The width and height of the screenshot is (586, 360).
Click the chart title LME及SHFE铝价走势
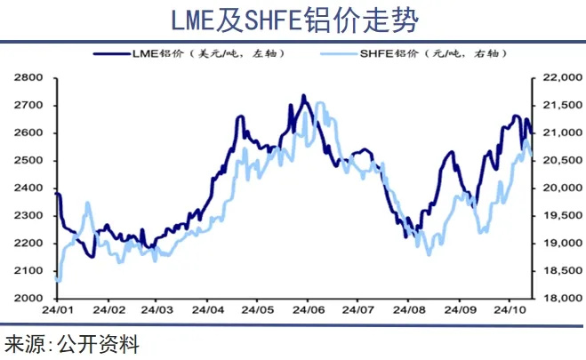293,20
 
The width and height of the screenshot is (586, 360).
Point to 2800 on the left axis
28,78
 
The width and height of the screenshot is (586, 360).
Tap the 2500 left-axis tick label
28,161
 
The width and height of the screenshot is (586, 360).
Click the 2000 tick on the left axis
28,299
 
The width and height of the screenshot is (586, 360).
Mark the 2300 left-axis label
28,216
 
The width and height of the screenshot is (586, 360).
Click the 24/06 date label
307,310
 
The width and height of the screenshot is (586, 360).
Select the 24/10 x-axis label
509,310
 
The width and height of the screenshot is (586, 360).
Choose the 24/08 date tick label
407,310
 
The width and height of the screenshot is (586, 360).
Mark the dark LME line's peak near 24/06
303,95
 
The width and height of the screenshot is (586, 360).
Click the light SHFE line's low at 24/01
58,280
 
